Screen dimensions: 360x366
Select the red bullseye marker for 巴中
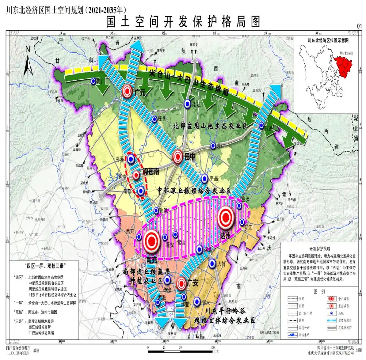(x=178, y=157)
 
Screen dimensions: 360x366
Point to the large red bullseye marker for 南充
(x=151, y=240)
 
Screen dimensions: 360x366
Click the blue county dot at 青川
(x=93, y=81)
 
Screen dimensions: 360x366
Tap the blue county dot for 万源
(x=261, y=125)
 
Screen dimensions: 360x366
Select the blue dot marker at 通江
(x=213, y=146)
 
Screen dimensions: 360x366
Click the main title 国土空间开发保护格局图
(x=183, y=22)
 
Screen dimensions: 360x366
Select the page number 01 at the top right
(x=359, y=26)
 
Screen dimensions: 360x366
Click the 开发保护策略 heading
(x=319, y=248)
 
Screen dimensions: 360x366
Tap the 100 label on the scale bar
(x=212, y=347)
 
